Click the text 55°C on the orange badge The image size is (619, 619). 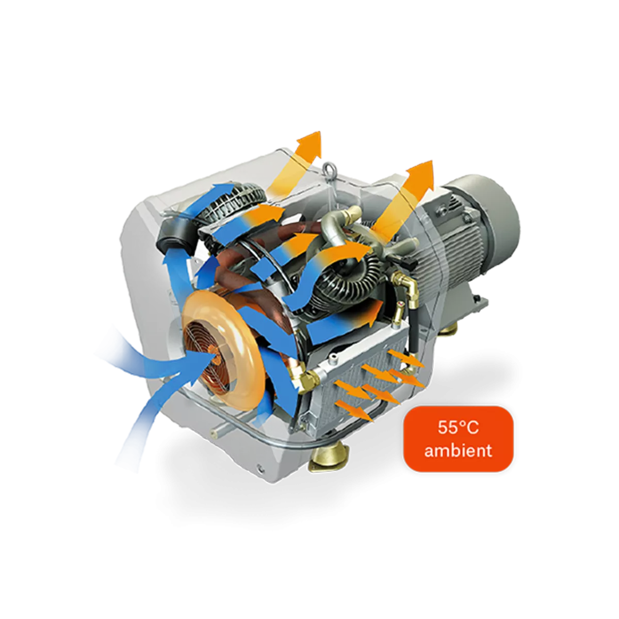point(458,428)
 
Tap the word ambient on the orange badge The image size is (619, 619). point(458,450)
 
